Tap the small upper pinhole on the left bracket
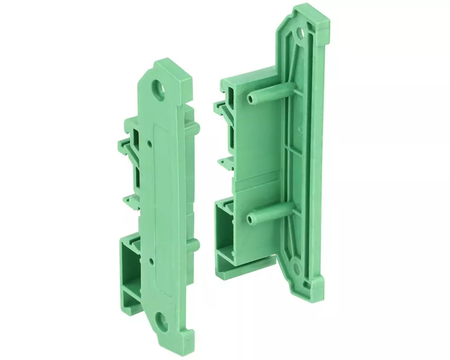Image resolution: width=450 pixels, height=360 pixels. [x=149, y=143]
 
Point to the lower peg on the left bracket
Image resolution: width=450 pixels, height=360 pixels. [x=193, y=245]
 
